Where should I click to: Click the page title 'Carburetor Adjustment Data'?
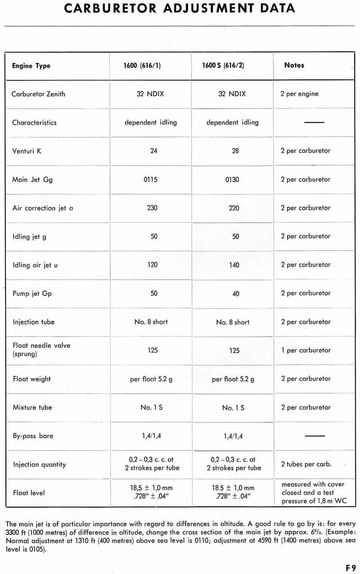[x=180, y=8]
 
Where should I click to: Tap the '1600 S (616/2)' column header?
[x=223, y=65]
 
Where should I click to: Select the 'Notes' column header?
[x=294, y=65]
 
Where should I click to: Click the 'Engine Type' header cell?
[x=31, y=66]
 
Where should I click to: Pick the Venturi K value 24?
[x=154, y=151]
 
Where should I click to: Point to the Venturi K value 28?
[x=235, y=151]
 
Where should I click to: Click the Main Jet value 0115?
[x=151, y=180]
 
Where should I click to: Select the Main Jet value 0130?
[x=232, y=180]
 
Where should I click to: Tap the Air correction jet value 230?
[x=152, y=208]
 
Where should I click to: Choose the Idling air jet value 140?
[x=234, y=265]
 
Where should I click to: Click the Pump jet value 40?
[x=236, y=294]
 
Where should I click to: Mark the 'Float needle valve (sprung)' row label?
[x=42, y=349]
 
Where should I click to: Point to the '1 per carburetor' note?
[x=306, y=350]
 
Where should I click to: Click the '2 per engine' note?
[x=299, y=94]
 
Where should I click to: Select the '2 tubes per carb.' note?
[x=306, y=464]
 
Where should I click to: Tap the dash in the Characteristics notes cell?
[x=314, y=122]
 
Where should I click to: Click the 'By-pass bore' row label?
[x=33, y=436]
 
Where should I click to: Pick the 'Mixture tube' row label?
[x=32, y=408]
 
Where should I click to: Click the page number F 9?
[x=351, y=568]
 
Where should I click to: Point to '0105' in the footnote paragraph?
[x=37, y=549]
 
